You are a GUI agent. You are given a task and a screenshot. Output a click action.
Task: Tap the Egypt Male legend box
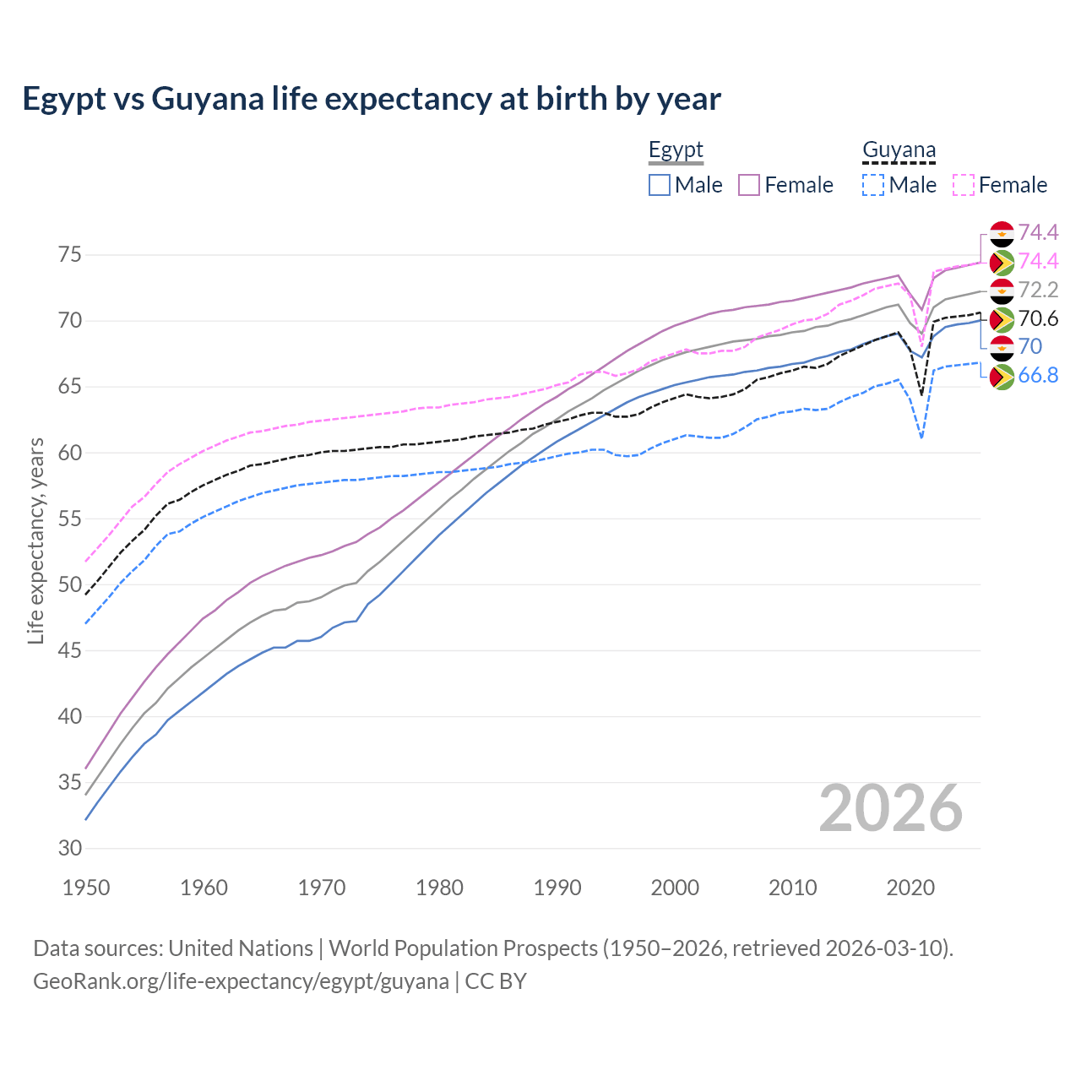click(660, 185)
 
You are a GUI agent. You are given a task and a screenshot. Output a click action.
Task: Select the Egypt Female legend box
click(749, 185)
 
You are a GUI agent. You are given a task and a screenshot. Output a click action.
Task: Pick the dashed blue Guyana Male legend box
click(873, 185)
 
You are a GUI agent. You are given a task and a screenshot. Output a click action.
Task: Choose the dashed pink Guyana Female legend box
click(964, 185)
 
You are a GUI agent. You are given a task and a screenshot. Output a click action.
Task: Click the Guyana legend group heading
click(899, 150)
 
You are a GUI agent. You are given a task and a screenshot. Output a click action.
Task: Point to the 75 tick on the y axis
click(70, 255)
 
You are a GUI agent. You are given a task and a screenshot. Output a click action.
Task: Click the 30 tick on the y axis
click(70, 848)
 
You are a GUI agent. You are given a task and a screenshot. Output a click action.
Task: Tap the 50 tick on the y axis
click(70, 584)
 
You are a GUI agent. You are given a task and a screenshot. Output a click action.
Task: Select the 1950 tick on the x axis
click(87, 888)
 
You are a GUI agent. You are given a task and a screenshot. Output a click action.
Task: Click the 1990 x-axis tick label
click(557, 888)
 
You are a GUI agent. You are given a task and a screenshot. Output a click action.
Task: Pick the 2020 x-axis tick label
click(910, 888)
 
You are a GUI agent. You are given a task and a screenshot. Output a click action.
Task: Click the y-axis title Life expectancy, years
click(35, 540)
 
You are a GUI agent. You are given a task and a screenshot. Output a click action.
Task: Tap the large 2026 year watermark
click(890, 809)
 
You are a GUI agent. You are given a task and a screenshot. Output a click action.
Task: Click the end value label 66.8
click(1038, 376)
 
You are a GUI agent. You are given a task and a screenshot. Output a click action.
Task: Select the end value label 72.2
click(1038, 291)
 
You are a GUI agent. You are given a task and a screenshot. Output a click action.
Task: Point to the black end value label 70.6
click(1038, 318)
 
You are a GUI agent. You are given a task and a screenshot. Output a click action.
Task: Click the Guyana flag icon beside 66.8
click(1002, 377)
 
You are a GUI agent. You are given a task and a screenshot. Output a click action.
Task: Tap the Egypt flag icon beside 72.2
click(1002, 291)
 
